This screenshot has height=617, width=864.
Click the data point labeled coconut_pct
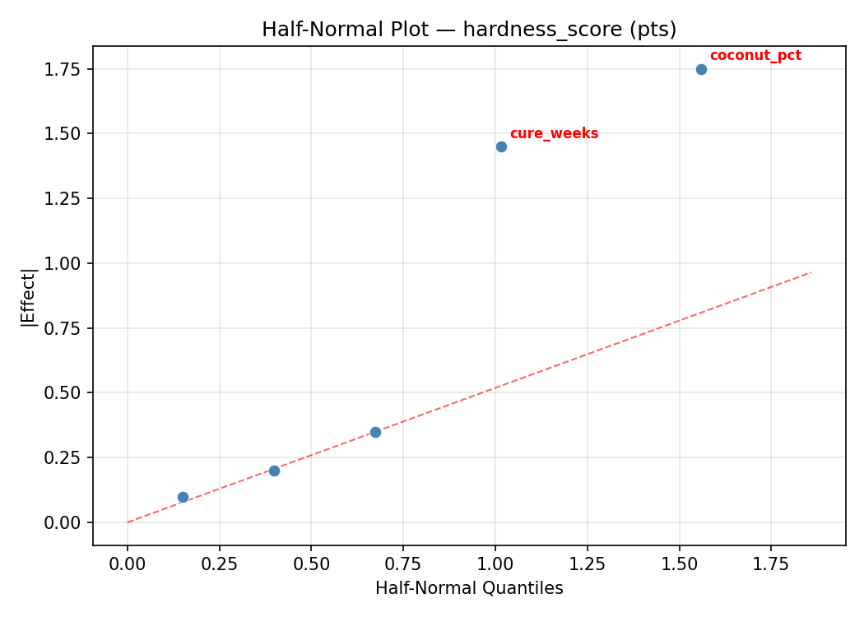[701, 69]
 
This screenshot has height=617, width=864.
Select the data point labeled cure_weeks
[501, 146]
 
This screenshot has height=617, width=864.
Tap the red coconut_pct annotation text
[755, 56]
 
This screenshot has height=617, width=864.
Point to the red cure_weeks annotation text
[554, 133]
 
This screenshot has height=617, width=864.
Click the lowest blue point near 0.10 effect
[183, 497]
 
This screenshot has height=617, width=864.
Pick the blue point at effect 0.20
[274, 471]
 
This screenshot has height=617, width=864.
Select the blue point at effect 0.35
[375, 432]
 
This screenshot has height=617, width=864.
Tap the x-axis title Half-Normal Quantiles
[469, 588]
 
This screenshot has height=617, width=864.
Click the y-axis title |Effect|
[28, 296]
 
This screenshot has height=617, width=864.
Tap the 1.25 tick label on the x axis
[587, 564]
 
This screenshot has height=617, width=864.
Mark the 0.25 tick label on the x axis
[219, 564]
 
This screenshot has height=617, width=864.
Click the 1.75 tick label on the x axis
[771, 564]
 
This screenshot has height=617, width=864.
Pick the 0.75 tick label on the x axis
[403, 564]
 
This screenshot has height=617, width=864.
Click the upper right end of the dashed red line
[811, 272]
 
